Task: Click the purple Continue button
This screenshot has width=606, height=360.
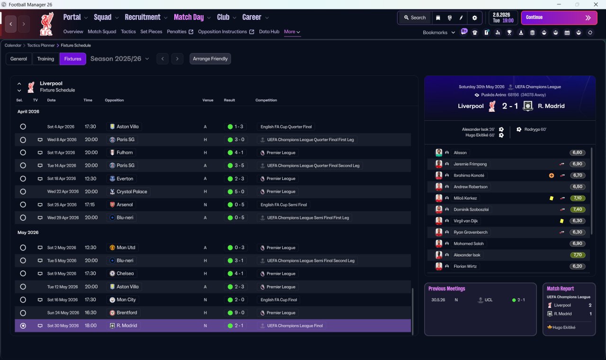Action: [559, 18]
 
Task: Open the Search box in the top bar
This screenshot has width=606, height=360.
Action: [415, 18]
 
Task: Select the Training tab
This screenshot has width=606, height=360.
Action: [45, 59]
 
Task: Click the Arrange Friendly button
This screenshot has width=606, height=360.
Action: [210, 59]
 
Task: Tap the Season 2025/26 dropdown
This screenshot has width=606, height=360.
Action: [120, 59]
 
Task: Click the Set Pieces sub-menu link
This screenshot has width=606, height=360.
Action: [151, 32]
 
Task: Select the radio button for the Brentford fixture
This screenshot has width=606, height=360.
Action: [23, 313]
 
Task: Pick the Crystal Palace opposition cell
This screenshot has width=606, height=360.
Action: [129, 192]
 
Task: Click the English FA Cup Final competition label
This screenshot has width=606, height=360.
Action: [279, 300]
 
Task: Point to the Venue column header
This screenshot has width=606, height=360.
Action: [208, 100]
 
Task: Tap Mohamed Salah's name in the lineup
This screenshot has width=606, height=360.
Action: [469, 243]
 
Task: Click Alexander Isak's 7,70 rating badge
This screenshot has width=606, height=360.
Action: [578, 255]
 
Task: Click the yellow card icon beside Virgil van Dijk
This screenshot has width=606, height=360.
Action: [561, 221]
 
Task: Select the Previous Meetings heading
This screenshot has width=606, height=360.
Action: [446, 288]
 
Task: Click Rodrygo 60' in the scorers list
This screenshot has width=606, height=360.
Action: [535, 129]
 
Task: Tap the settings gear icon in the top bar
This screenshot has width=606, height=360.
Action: [474, 18]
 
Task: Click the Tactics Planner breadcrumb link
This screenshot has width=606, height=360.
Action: [41, 45]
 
